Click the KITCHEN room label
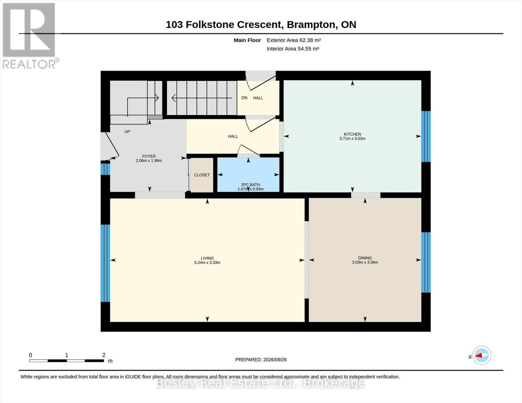(x=352, y=134)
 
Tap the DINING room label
(x=365, y=258)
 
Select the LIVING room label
(x=207, y=258)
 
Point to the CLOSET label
(x=202, y=175)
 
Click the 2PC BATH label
(x=250, y=185)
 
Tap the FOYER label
(x=149, y=156)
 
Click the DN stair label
(x=244, y=98)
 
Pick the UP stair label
(x=127, y=132)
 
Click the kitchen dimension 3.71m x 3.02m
(x=352, y=138)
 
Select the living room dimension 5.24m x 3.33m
(x=207, y=263)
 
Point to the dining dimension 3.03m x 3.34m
(x=365, y=262)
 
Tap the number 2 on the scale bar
(x=104, y=355)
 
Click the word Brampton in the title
(x=311, y=25)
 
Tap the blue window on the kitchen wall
(x=426, y=136)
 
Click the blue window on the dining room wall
(x=426, y=262)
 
